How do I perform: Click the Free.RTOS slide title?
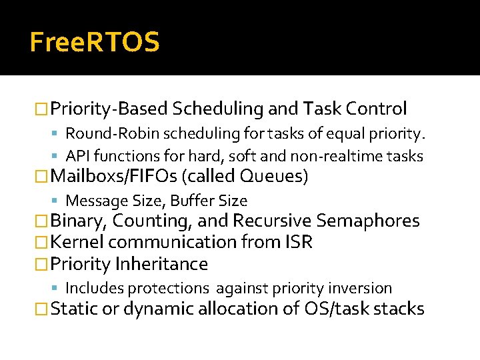(x=95, y=43)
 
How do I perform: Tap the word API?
(x=77, y=156)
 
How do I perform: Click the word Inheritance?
(x=161, y=264)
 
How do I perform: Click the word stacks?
(x=401, y=309)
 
